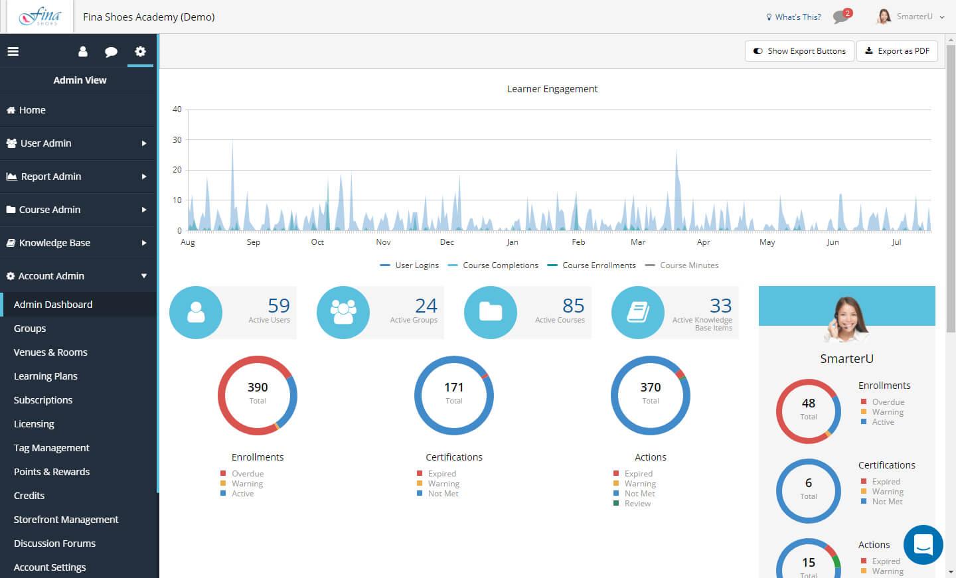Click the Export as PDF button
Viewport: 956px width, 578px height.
897,51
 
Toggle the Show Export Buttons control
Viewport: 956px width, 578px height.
799,51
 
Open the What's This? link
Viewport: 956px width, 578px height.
793,17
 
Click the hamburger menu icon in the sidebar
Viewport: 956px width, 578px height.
13,52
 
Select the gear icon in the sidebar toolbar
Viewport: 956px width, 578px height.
141,52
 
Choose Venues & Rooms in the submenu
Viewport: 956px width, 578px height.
50,352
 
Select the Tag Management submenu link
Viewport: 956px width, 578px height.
51,447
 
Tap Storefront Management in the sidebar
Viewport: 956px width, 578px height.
66,519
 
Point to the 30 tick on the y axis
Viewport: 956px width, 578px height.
177,140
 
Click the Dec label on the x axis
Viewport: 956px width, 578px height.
447,242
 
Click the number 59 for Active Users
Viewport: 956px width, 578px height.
279,305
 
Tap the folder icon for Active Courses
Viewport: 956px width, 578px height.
491,313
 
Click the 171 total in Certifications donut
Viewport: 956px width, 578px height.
453,388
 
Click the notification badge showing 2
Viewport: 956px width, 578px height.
848,13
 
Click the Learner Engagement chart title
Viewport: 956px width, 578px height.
552,89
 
